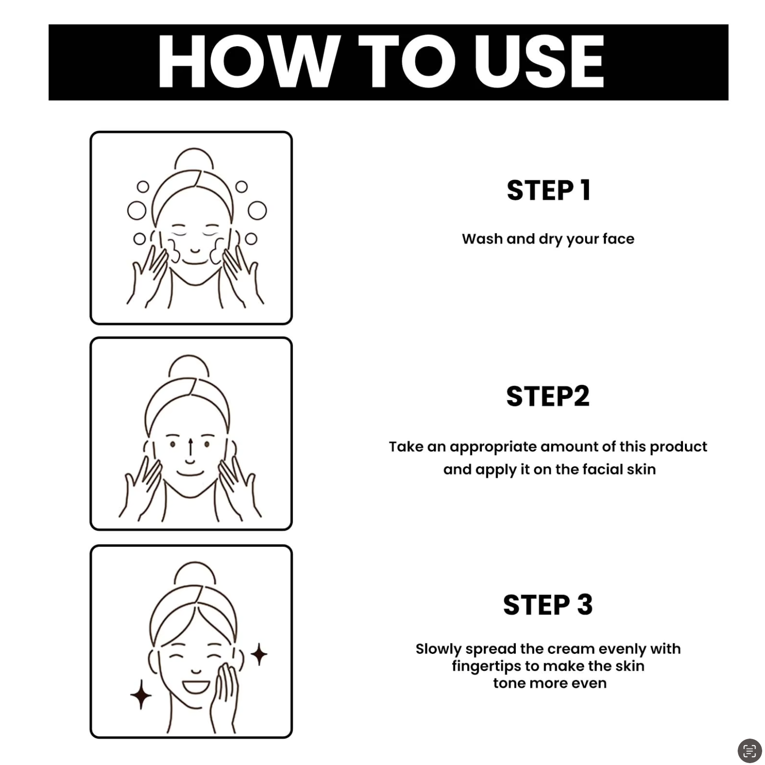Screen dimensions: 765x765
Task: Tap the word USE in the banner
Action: tap(540, 62)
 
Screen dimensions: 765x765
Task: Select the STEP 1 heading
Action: tap(549, 190)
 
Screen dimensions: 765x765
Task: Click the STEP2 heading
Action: tap(548, 396)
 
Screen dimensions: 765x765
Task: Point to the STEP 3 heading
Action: tap(548, 605)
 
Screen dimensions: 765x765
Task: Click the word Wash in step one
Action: tap(482, 239)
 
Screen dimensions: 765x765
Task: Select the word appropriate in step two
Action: tap(493, 447)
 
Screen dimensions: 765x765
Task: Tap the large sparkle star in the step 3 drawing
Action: tap(140, 694)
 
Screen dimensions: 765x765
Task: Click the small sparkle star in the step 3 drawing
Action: tap(259, 654)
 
